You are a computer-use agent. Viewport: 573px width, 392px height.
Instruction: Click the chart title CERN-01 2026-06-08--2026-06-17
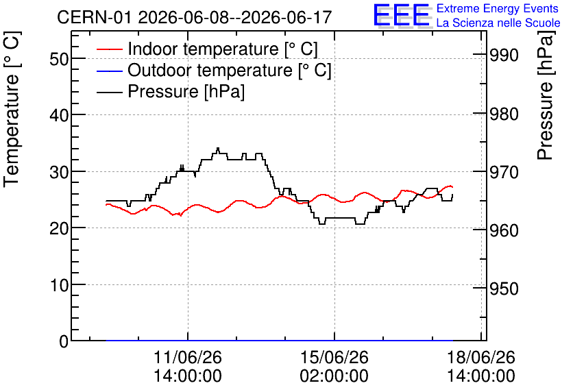195,17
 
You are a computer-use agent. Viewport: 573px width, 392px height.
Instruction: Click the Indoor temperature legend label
223,49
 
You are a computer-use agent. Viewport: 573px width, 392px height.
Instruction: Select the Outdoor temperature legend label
229,70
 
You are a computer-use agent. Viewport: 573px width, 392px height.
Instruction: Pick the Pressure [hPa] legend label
186,91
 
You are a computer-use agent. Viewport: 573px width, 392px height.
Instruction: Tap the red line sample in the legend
109,49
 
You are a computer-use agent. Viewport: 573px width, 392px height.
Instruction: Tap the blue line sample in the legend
109,71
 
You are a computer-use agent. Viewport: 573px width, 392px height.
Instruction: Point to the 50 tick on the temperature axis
59,58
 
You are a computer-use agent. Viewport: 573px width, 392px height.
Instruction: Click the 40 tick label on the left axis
59,115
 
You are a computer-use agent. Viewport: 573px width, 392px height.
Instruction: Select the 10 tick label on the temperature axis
59,285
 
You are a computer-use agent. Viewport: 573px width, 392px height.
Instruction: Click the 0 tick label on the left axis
64,341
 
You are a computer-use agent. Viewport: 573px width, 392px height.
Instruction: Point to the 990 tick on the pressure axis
504,56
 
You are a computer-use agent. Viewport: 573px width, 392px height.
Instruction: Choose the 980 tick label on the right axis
504,114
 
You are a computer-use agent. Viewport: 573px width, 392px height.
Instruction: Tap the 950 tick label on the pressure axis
504,289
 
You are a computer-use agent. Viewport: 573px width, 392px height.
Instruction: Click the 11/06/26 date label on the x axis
188,357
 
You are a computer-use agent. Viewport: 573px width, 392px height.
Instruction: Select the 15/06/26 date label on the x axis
334,357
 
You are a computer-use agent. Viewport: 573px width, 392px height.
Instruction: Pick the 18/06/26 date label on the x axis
481,357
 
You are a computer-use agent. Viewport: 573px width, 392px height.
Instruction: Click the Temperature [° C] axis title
12,109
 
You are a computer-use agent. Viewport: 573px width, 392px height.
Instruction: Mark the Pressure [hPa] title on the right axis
545,95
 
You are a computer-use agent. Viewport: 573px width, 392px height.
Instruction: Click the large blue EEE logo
402,15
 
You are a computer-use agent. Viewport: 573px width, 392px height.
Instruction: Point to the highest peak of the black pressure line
218,148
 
